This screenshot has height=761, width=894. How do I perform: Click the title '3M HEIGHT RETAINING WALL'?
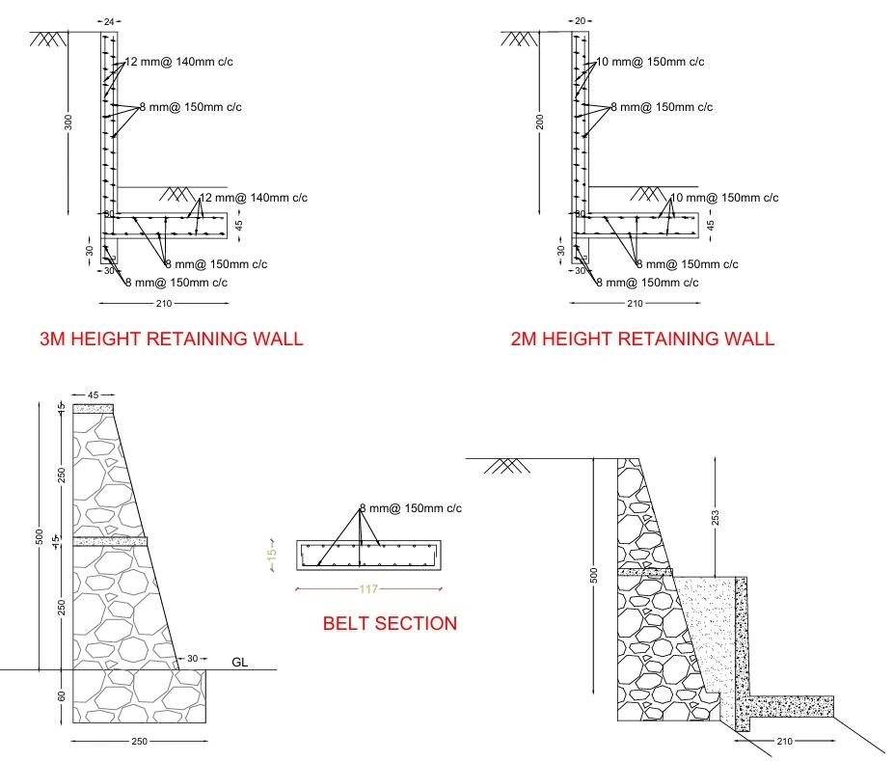[x=171, y=339]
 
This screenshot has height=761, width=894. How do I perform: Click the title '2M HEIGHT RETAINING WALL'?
[x=642, y=339]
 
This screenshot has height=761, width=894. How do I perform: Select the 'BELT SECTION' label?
[x=390, y=623]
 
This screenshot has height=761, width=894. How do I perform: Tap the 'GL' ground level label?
[x=241, y=662]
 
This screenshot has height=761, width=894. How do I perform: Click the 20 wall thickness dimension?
[x=580, y=20]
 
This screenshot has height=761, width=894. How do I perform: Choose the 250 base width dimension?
[x=139, y=742]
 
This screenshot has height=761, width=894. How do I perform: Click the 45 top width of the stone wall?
[x=94, y=394]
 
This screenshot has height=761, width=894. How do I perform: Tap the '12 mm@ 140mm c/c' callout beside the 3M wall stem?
[x=178, y=62]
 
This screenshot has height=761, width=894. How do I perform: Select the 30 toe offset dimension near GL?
[x=192, y=658]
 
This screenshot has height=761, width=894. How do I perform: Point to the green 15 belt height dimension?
[x=272, y=556]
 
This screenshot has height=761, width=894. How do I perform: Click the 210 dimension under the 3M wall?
[x=163, y=305]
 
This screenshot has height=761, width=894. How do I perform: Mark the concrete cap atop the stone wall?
[x=94, y=409]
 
